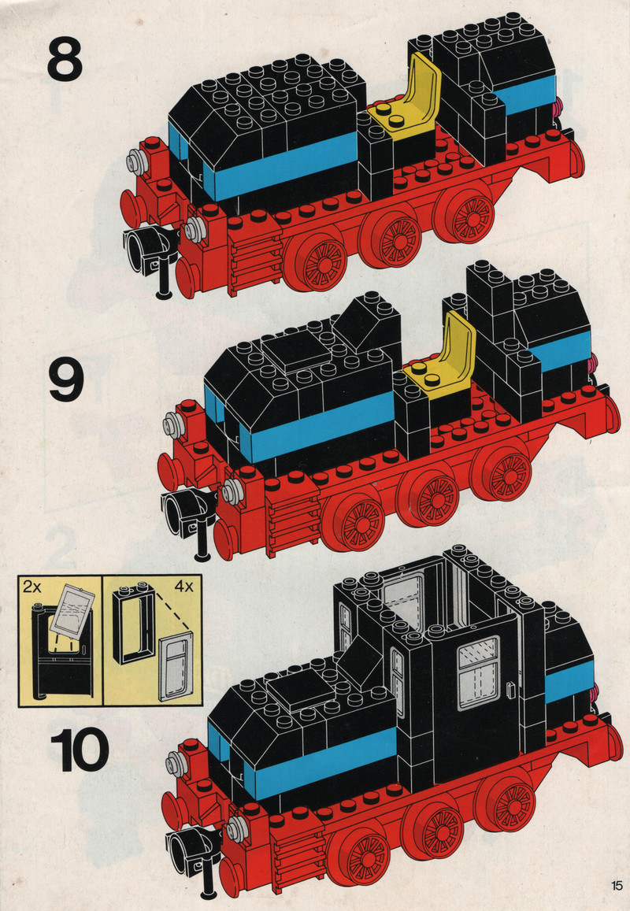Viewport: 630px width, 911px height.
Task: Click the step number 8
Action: click(x=65, y=58)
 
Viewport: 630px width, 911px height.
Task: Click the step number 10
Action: click(x=80, y=750)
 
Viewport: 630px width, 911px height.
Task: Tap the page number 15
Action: click(x=617, y=886)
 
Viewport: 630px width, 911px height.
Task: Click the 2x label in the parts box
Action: click(x=32, y=587)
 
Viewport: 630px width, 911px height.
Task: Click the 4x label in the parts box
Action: click(x=183, y=587)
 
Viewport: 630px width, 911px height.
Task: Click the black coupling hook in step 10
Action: click(x=195, y=859)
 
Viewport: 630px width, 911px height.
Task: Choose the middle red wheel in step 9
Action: click(x=429, y=495)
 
